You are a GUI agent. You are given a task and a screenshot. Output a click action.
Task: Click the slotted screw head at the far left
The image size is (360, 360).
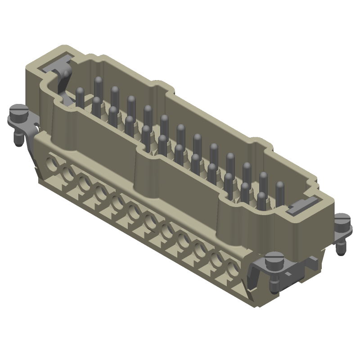coord(18,109)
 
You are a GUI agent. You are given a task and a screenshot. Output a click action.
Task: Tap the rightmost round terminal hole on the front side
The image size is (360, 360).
coord(233,270)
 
